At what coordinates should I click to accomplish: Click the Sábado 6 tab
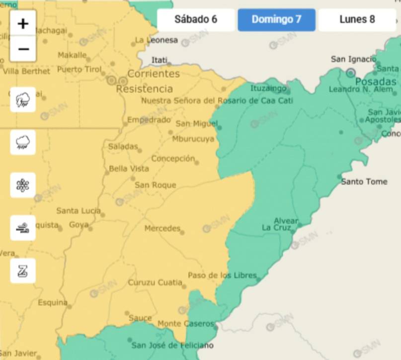click(196, 20)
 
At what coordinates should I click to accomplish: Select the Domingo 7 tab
click(276, 20)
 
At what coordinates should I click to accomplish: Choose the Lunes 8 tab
click(357, 20)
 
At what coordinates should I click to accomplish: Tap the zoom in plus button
click(23, 23)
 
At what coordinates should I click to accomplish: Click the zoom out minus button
click(23, 49)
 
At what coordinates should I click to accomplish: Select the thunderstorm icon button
click(23, 100)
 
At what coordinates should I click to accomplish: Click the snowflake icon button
click(23, 185)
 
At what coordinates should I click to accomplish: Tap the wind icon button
click(23, 228)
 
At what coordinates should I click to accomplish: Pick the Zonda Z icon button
click(23, 271)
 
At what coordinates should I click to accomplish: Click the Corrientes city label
click(153, 74)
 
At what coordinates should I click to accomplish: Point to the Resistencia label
click(144, 89)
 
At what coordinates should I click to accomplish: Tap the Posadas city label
click(376, 82)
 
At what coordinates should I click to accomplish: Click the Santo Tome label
click(364, 181)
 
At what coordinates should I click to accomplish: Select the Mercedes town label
click(162, 228)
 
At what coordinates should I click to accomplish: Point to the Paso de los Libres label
click(222, 275)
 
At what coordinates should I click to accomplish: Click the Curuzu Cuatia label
click(155, 282)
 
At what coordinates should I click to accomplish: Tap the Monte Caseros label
click(185, 324)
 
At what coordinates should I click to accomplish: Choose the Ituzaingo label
click(268, 89)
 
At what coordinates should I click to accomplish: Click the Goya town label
click(79, 225)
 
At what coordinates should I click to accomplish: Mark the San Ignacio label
click(353, 59)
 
